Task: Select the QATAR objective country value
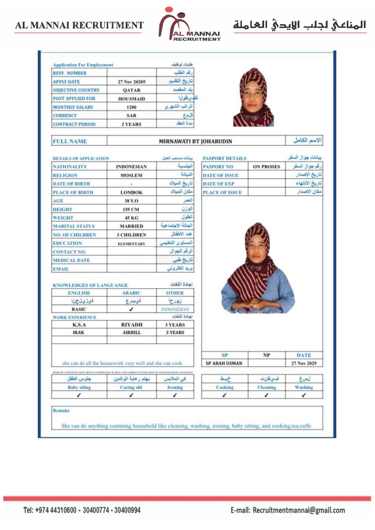[x=131, y=90]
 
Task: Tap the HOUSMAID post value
[x=131, y=99]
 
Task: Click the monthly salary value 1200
[x=131, y=107]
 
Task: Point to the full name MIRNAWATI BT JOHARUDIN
[x=196, y=141]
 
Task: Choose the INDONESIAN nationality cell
[x=131, y=167]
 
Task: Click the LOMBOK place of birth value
[x=131, y=192]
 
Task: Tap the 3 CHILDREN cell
[x=131, y=235]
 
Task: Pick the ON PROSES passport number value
[x=267, y=167]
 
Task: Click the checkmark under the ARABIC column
[x=131, y=309]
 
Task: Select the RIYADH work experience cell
[x=132, y=325]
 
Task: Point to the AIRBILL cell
[x=132, y=332]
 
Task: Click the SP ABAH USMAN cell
[x=224, y=363]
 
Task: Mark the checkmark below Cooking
[x=224, y=395]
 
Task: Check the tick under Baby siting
[x=79, y=395]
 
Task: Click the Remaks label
[x=61, y=411]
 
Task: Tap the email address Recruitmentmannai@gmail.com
[x=299, y=510]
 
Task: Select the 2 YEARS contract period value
[x=131, y=124]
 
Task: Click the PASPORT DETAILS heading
[x=225, y=158]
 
